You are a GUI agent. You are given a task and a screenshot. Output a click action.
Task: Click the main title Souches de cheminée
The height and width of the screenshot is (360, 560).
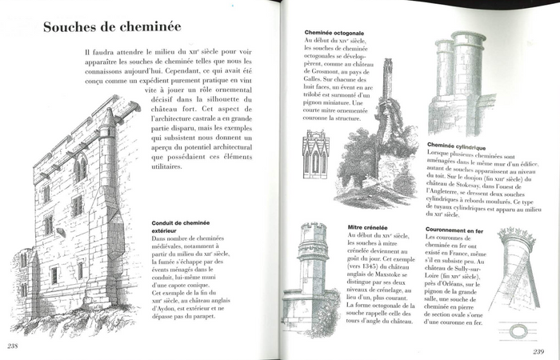point(111,27)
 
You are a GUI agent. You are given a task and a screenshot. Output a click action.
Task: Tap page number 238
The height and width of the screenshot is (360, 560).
point(12,346)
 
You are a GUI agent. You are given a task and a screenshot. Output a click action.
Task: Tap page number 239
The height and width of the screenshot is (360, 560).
point(533,350)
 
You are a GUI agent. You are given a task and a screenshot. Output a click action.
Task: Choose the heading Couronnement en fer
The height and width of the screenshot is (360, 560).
point(458,230)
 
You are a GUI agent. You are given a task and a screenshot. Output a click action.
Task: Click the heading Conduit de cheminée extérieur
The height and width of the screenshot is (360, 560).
point(186,226)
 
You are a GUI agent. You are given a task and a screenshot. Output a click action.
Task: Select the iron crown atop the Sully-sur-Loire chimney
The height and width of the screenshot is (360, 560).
point(516,237)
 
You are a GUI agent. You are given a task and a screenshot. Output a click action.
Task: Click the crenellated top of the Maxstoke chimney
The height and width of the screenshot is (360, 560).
point(313,230)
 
